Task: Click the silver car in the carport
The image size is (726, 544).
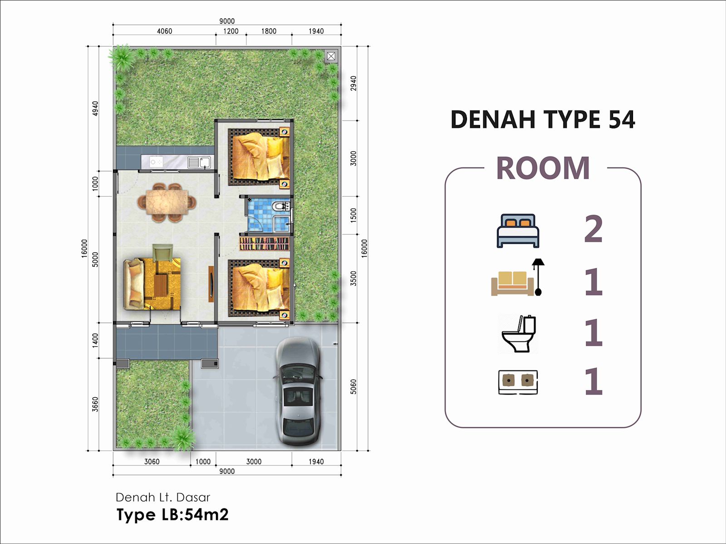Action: pyautogui.click(x=298, y=392)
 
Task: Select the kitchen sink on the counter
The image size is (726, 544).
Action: pyautogui.click(x=200, y=162)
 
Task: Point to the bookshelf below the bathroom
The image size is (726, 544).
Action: pyautogui.click(x=264, y=243)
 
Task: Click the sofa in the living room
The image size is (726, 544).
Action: pyautogui.click(x=134, y=284)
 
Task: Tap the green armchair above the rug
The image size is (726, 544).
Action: pyautogui.click(x=163, y=253)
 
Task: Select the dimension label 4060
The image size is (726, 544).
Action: pyautogui.click(x=164, y=31)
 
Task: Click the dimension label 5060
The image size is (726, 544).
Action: pyautogui.click(x=353, y=386)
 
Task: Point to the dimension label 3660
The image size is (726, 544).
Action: pyautogui.click(x=95, y=404)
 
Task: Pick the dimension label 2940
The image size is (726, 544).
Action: pyautogui.click(x=353, y=83)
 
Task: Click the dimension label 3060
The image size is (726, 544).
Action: pyautogui.click(x=152, y=461)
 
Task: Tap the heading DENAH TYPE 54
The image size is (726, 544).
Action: pyautogui.click(x=543, y=119)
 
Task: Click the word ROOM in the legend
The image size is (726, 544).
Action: pyautogui.click(x=543, y=168)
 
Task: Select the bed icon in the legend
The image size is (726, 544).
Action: pyautogui.click(x=518, y=231)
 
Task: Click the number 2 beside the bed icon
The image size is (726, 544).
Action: pyautogui.click(x=594, y=228)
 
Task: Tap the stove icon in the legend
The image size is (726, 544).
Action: pyautogui.click(x=518, y=382)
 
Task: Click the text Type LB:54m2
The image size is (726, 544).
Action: pyautogui.click(x=172, y=515)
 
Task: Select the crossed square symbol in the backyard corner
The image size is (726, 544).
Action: pyautogui.click(x=331, y=57)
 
